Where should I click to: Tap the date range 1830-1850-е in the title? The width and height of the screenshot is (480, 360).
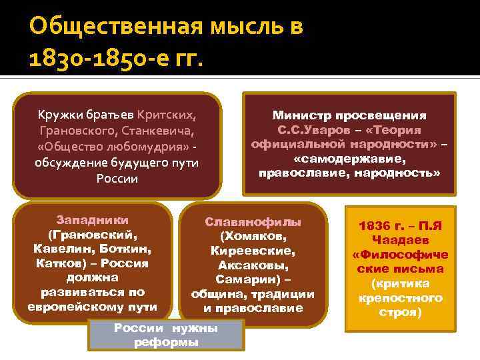tap(93, 63)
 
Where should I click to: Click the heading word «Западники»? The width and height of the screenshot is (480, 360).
tap(93, 219)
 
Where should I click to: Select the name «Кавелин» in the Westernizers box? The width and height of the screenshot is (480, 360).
tap(58, 249)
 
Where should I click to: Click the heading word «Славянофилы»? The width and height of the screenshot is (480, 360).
tap(253, 221)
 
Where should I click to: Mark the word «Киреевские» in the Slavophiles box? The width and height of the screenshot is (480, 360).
tap(253, 251)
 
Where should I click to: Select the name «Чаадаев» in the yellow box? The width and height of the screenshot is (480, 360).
tap(400, 240)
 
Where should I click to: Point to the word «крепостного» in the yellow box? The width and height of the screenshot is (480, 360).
tap(400, 297)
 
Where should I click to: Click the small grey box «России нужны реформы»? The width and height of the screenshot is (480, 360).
tap(166, 335)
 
